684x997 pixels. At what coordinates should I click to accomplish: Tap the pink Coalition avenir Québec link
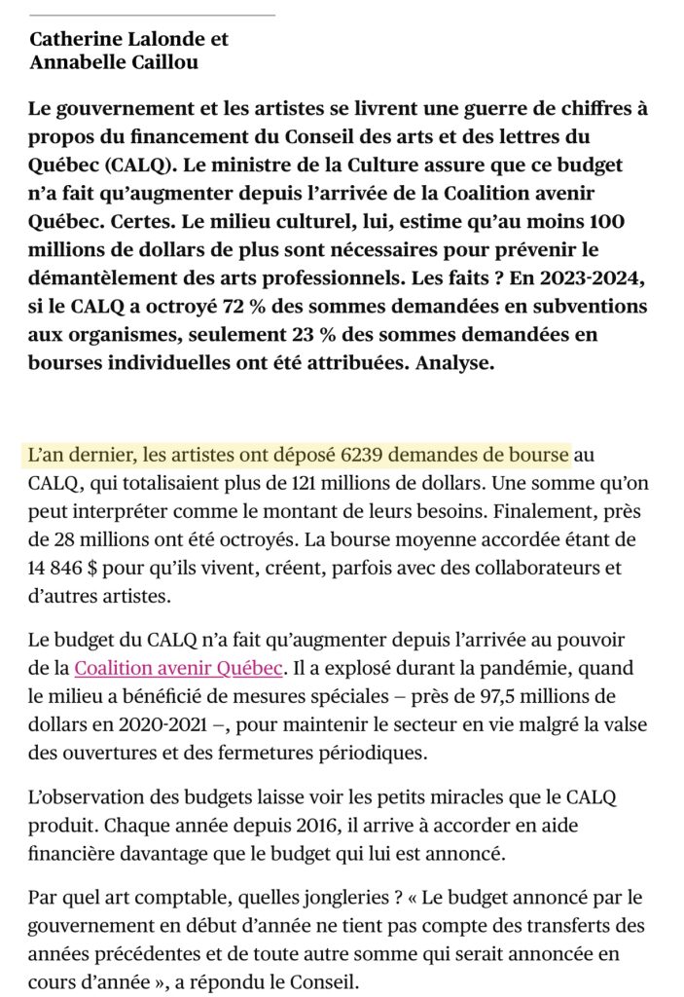pos(179,668)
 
